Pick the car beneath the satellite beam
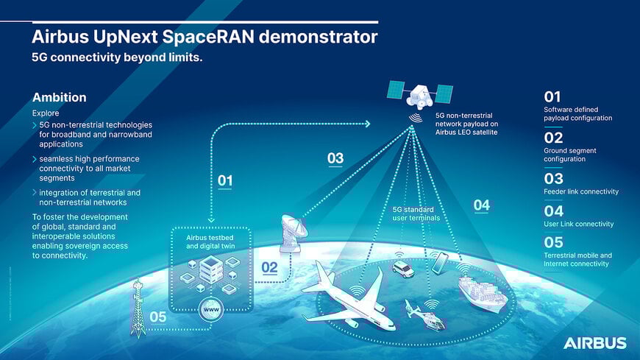[403, 269]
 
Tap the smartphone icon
[439, 263]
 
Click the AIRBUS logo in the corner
[594, 343]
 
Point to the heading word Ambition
[60, 98]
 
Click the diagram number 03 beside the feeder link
[335, 158]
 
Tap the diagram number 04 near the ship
[481, 205]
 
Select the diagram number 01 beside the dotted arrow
[225, 180]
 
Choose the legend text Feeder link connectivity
[580, 191]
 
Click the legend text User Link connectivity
[578, 224]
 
